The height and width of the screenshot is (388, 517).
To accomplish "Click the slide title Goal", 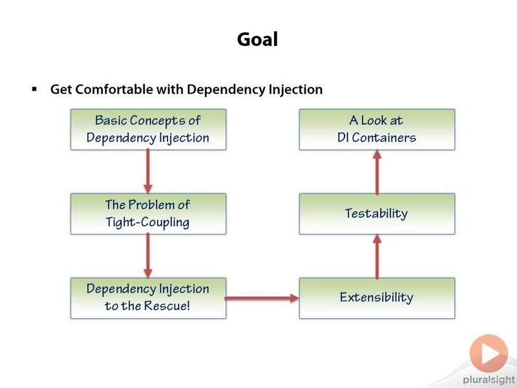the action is coord(257,40).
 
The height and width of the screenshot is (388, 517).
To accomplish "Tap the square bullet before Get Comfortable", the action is coord(34,89).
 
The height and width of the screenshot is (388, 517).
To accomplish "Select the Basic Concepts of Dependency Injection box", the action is coord(149,129).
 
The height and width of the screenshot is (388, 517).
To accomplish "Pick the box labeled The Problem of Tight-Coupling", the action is coord(149,214).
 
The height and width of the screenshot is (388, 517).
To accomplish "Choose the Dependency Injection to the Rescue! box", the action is coord(149,298).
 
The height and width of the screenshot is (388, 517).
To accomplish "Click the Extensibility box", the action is coord(377,298).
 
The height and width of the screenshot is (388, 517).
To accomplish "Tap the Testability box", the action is coord(377,214).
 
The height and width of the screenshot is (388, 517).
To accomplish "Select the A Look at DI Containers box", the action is coord(377,129).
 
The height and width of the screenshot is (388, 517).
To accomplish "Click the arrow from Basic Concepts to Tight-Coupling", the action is coord(148,171).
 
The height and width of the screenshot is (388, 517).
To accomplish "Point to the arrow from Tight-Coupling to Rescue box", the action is coord(148,255).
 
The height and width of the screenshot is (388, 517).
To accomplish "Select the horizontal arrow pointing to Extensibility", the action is coord(262,298).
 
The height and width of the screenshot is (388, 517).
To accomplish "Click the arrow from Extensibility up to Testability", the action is coord(377,256).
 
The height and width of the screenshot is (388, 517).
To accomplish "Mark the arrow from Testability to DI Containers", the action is coord(377,172).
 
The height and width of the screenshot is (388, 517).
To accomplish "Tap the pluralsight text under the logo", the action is coord(489,380).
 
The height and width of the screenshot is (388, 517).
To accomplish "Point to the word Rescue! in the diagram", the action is coord(167,305).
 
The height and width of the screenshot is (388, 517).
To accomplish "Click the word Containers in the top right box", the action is coord(384,138).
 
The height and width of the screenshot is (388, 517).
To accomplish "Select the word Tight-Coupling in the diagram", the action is coord(148,222).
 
